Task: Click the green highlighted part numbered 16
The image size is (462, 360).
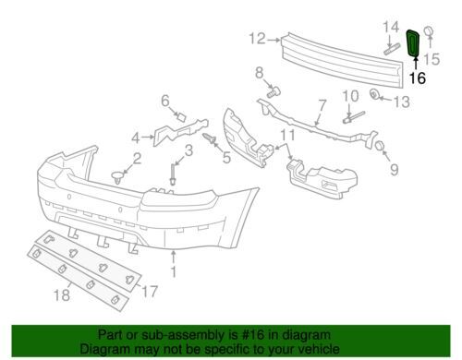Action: [x=413, y=43]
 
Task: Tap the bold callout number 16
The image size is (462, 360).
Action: [x=418, y=78]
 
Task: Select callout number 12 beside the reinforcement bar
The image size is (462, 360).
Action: [x=257, y=39]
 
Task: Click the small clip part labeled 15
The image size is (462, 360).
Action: [x=429, y=32]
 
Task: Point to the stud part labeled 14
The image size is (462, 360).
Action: [x=392, y=50]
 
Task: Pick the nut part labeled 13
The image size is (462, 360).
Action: [x=374, y=94]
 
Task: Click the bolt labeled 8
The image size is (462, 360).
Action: [x=274, y=91]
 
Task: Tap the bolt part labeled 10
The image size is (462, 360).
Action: [x=354, y=117]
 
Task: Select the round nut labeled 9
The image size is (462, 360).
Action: [x=381, y=146]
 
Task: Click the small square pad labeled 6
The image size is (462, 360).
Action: [x=182, y=117]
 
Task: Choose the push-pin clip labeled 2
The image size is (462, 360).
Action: [x=117, y=177]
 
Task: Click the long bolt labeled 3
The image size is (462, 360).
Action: [x=173, y=175]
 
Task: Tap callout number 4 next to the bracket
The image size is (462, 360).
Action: [x=136, y=138]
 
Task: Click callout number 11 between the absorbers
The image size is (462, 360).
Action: [x=288, y=135]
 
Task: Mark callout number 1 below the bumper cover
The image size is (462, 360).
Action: [x=174, y=272]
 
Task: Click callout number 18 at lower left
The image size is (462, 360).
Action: [x=62, y=295]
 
